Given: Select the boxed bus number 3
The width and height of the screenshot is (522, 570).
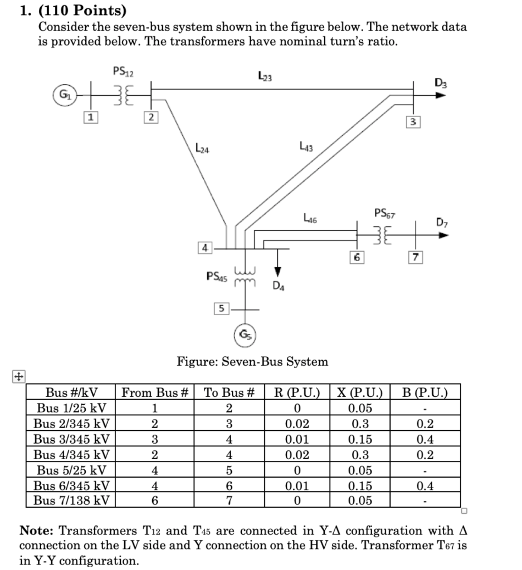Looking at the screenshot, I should pos(412,121).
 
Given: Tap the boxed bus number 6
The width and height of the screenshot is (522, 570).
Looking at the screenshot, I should pos(357,257).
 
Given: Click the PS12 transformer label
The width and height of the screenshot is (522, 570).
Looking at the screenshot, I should pos(123,71).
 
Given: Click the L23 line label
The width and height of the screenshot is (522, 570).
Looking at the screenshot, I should pos(265,76).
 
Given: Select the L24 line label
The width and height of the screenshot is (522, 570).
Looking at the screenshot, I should pos(202,149).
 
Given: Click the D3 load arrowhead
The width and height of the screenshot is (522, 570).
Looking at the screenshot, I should pos(441,95).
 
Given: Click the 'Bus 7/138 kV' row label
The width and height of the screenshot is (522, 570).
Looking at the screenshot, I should pos(71,500).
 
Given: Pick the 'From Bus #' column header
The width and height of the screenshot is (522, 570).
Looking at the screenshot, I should pos(154,392).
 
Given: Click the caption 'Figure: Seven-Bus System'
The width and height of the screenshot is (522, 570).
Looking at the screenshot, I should pos(252,362).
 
